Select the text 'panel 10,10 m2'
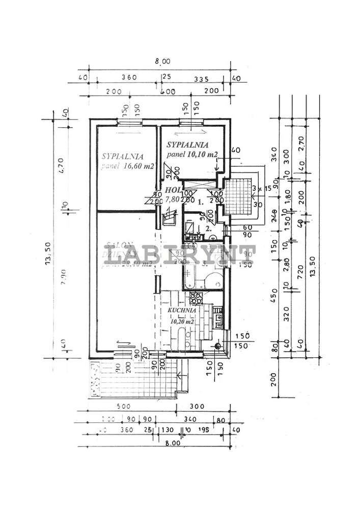pos(192,154)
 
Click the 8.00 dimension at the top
pos(162,62)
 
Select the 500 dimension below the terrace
pos(124,407)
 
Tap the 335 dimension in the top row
pos(202,78)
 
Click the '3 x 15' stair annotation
pos(261,188)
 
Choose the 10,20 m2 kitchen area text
pos(181,321)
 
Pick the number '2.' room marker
pos(208,229)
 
